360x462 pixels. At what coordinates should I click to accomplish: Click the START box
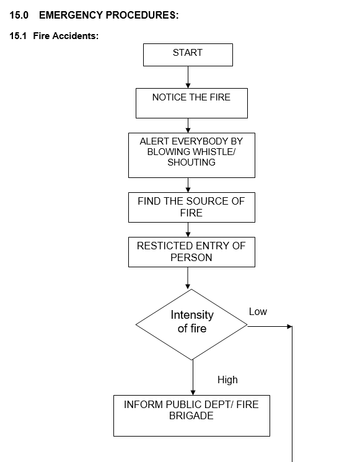(188, 55)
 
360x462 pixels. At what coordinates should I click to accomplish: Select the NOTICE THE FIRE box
(191, 103)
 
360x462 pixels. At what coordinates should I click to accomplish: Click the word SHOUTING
(191, 162)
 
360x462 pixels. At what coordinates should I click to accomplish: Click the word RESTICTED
(165, 246)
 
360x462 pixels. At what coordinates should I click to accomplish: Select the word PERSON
(191, 257)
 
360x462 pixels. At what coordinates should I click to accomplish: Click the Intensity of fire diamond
(191, 325)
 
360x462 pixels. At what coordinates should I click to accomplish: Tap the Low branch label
(258, 311)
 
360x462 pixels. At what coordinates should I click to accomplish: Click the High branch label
(227, 380)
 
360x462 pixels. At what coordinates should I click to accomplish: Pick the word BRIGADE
(191, 415)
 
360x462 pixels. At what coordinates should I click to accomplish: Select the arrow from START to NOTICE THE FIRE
(188, 77)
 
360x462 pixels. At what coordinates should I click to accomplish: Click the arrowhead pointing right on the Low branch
(289, 326)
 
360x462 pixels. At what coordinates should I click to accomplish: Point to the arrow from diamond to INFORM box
(193, 378)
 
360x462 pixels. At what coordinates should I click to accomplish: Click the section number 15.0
(19, 15)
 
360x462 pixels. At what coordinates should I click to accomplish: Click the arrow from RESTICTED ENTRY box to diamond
(188, 278)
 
